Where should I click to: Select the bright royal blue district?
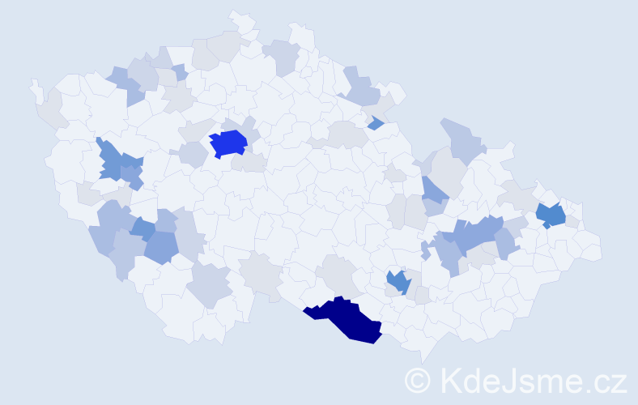point(228,143)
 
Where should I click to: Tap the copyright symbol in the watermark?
point(419,380)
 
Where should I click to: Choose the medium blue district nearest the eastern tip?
point(551,215)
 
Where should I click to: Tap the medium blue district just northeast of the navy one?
point(397,282)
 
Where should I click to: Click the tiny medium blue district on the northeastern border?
point(375,123)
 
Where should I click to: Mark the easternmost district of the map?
point(591,246)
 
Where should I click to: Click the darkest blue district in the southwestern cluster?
point(142,229)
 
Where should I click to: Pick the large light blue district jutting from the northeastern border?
point(461,139)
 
